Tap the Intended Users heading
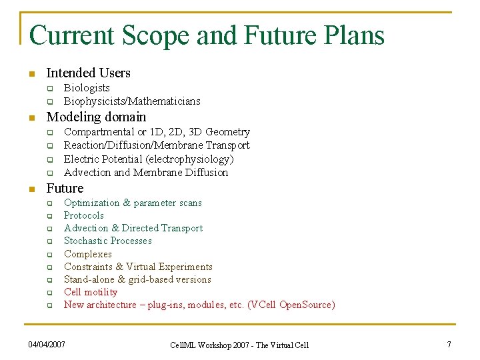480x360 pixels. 88,73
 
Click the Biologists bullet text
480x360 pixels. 87,88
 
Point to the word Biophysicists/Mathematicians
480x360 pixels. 132,101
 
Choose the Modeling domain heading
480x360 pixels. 95,117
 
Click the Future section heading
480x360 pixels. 65,188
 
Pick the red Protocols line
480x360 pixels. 84,215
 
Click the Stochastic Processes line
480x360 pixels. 108,241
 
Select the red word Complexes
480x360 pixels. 88,254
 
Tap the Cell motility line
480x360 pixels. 91,292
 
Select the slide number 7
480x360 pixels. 449,344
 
